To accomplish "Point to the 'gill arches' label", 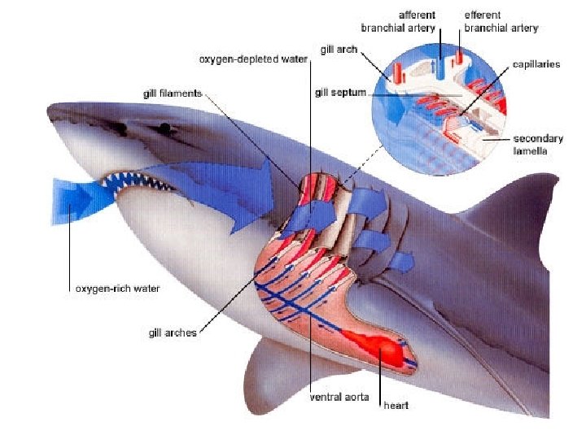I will (x=173, y=333).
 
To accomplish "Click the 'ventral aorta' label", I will (x=341, y=398).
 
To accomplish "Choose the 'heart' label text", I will (x=396, y=406).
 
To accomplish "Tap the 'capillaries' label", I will (x=536, y=64).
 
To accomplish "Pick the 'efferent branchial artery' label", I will (x=500, y=22).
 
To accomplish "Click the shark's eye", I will (x=166, y=128).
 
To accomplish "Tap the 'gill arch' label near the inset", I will (x=335, y=50).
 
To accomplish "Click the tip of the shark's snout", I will (x=51, y=108).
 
